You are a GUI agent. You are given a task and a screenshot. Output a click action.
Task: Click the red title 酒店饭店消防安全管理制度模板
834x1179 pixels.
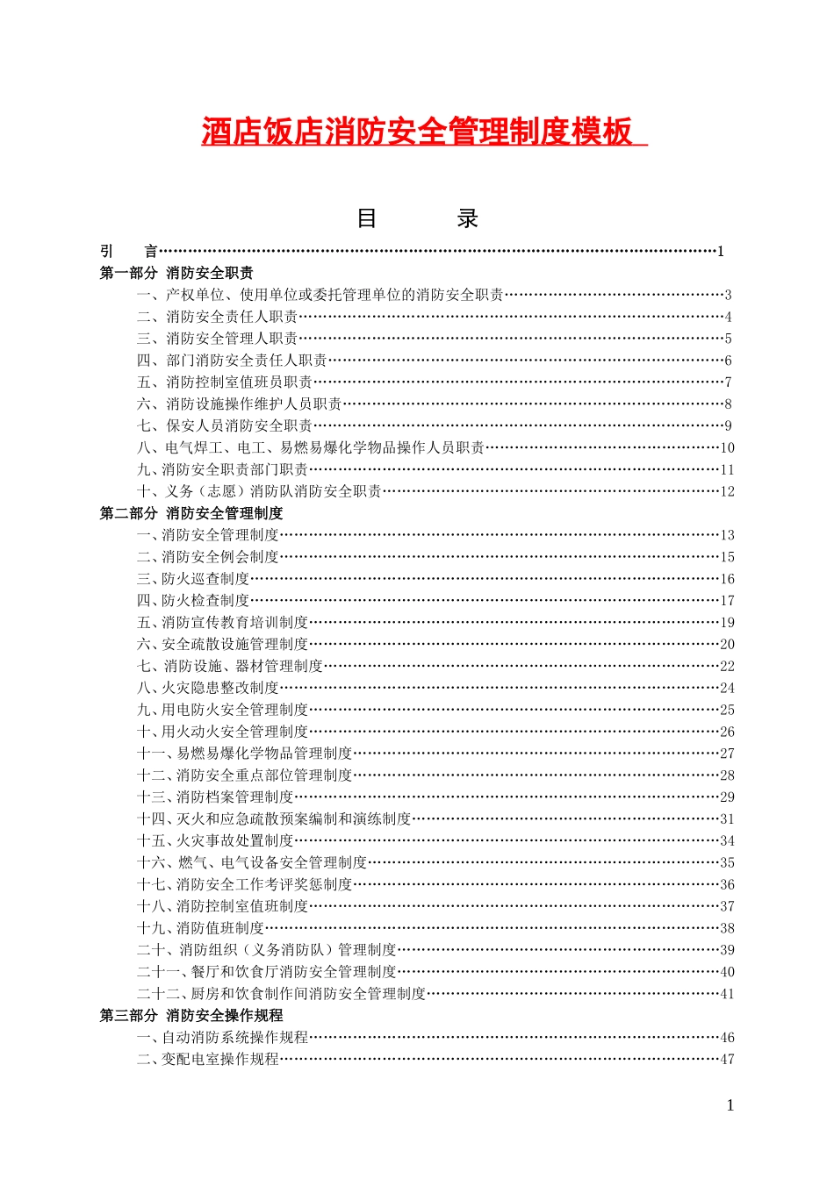click(x=417, y=132)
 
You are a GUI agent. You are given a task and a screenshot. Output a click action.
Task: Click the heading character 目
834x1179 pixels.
click(x=367, y=218)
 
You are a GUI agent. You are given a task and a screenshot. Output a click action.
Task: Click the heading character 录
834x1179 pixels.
click(x=467, y=218)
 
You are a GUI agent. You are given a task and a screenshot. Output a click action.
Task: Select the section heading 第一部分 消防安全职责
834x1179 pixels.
click(x=176, y=273)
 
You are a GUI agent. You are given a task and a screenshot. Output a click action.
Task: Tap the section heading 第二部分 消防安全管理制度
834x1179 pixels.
click(x=191, y=513)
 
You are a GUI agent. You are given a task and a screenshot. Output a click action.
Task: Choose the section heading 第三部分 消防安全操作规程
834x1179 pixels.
click(x=191, y=1015)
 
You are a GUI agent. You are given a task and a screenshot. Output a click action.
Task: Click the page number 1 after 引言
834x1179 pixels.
click(x=721, y=252)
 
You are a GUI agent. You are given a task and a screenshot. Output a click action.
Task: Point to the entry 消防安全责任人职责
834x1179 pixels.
click(x=232, y=317)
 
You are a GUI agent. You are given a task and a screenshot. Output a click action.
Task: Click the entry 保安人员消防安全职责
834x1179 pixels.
click(x=239, y=425)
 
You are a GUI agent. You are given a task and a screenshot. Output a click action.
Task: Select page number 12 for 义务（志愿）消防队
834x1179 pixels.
click(x=727, y=491)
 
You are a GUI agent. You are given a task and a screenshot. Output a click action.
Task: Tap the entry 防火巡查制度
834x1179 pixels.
click(x=205, y=579)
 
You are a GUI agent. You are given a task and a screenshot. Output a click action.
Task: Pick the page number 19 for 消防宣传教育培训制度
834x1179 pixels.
click(x=727, y=623)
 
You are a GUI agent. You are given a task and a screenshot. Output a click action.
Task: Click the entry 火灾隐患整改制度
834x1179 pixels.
click(x=220, y=688)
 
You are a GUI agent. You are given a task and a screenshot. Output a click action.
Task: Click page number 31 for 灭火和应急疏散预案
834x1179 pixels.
click(x=727, y=819)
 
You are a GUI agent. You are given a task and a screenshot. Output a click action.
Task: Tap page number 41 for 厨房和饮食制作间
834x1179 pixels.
click(x=727, y=994)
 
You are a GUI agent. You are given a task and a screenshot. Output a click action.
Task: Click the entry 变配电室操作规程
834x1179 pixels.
click(x=220, y=1059)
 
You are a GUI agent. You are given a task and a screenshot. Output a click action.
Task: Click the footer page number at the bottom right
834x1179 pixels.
click(x=730, y=1105)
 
